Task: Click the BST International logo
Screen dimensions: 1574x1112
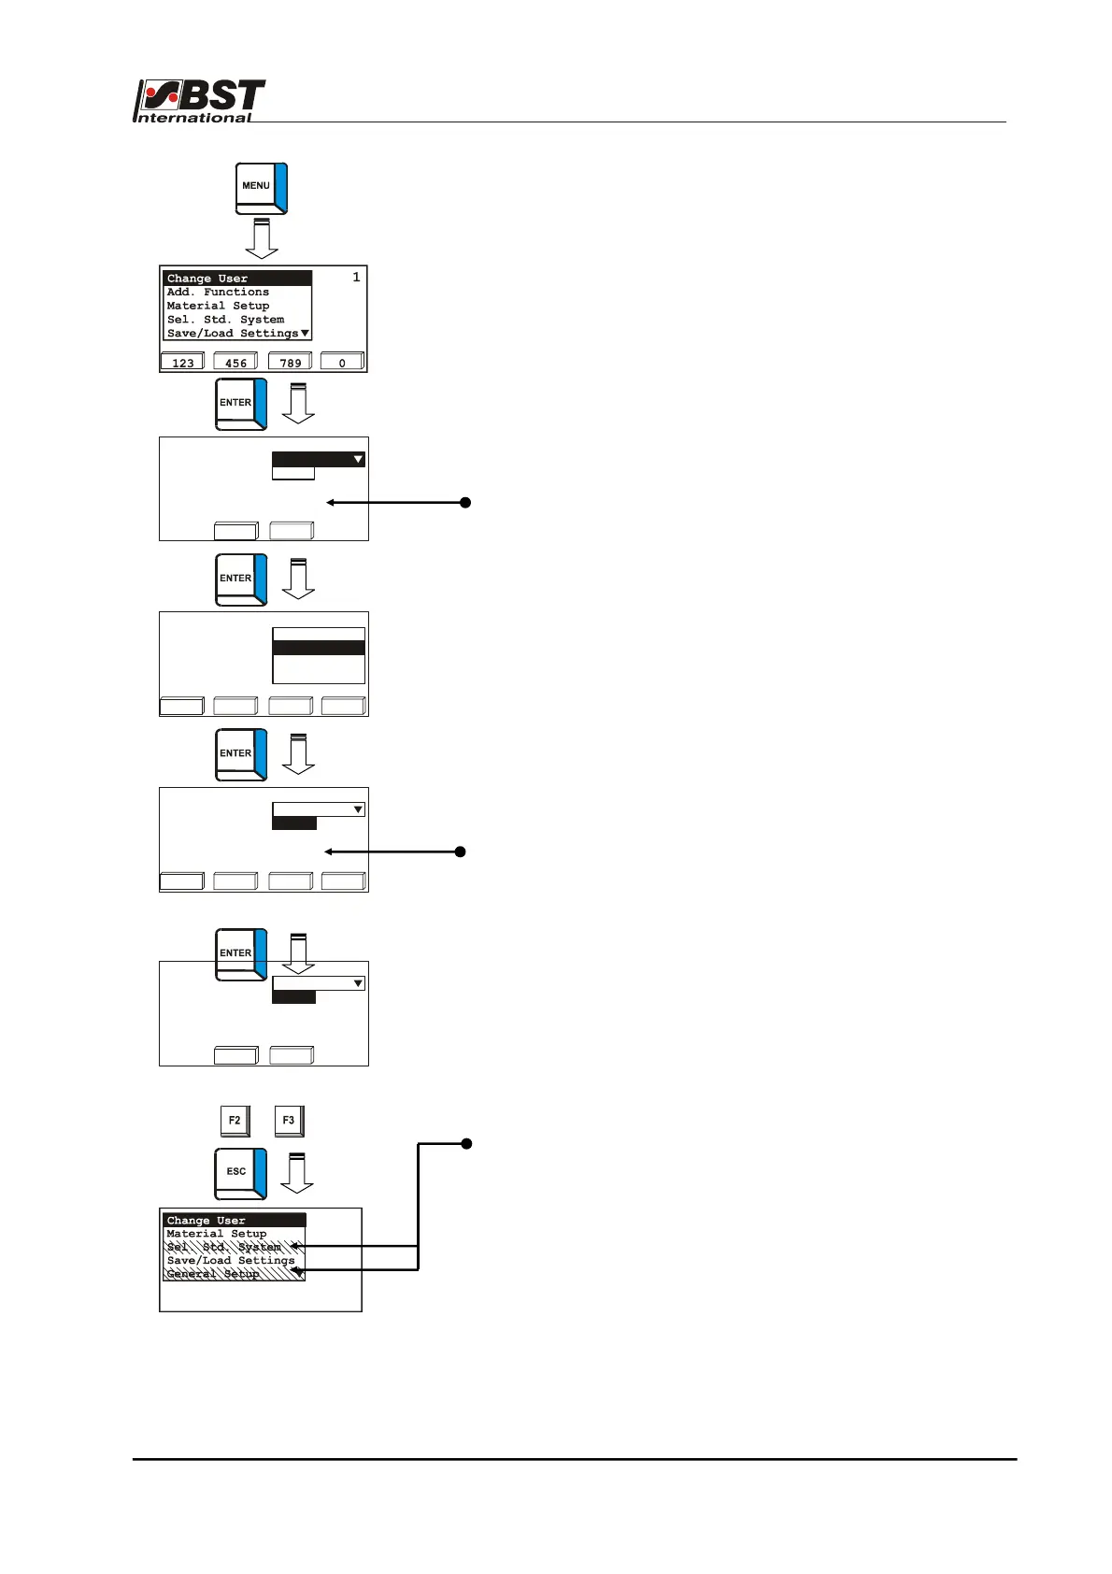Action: (x=199, y=101)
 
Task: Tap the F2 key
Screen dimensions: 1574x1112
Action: (x=235, y=1120)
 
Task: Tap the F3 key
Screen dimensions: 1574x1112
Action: (x=289, y=1120)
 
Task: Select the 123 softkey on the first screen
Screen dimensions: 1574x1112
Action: (x=182, y=362)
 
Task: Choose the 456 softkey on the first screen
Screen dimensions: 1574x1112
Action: (x=235, y=362)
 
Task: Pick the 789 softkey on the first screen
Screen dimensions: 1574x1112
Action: (x=290, y=362)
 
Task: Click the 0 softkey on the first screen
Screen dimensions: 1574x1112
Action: (x=342, y=362)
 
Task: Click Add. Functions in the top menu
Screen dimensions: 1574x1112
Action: (x=218, y=293)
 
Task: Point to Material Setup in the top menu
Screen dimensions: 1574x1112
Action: (x=218, y=306)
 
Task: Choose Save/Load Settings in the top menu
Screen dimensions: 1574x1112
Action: (x=233, y=333)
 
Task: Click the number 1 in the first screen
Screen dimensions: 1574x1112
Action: (x=356, y=278)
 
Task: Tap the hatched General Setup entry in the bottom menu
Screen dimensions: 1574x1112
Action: (x=213, y=1274)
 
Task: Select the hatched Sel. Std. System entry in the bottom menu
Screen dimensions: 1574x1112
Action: (x=224, y=1247)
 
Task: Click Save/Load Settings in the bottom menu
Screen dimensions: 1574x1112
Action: (x=231, y=1261)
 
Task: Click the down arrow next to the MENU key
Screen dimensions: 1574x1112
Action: (x=262, y=238)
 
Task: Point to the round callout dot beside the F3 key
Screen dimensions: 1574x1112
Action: (x=466, y=1143)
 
